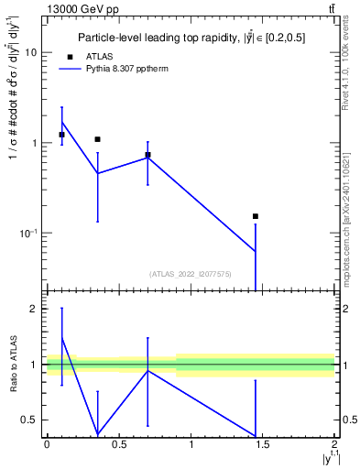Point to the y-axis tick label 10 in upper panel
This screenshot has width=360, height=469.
click(31, 53)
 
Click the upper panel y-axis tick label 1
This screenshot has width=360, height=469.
click(36, 143)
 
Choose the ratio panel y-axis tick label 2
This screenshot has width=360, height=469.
click(36, 309)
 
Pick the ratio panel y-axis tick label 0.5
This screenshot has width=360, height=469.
click(31, 420)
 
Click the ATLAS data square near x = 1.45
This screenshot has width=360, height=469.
click(256, 216)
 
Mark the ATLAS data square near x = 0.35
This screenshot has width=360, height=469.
click(97, 139)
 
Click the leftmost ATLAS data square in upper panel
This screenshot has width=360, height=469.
click(61, 135)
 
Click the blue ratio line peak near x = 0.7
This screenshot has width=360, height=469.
click(147, 370)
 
